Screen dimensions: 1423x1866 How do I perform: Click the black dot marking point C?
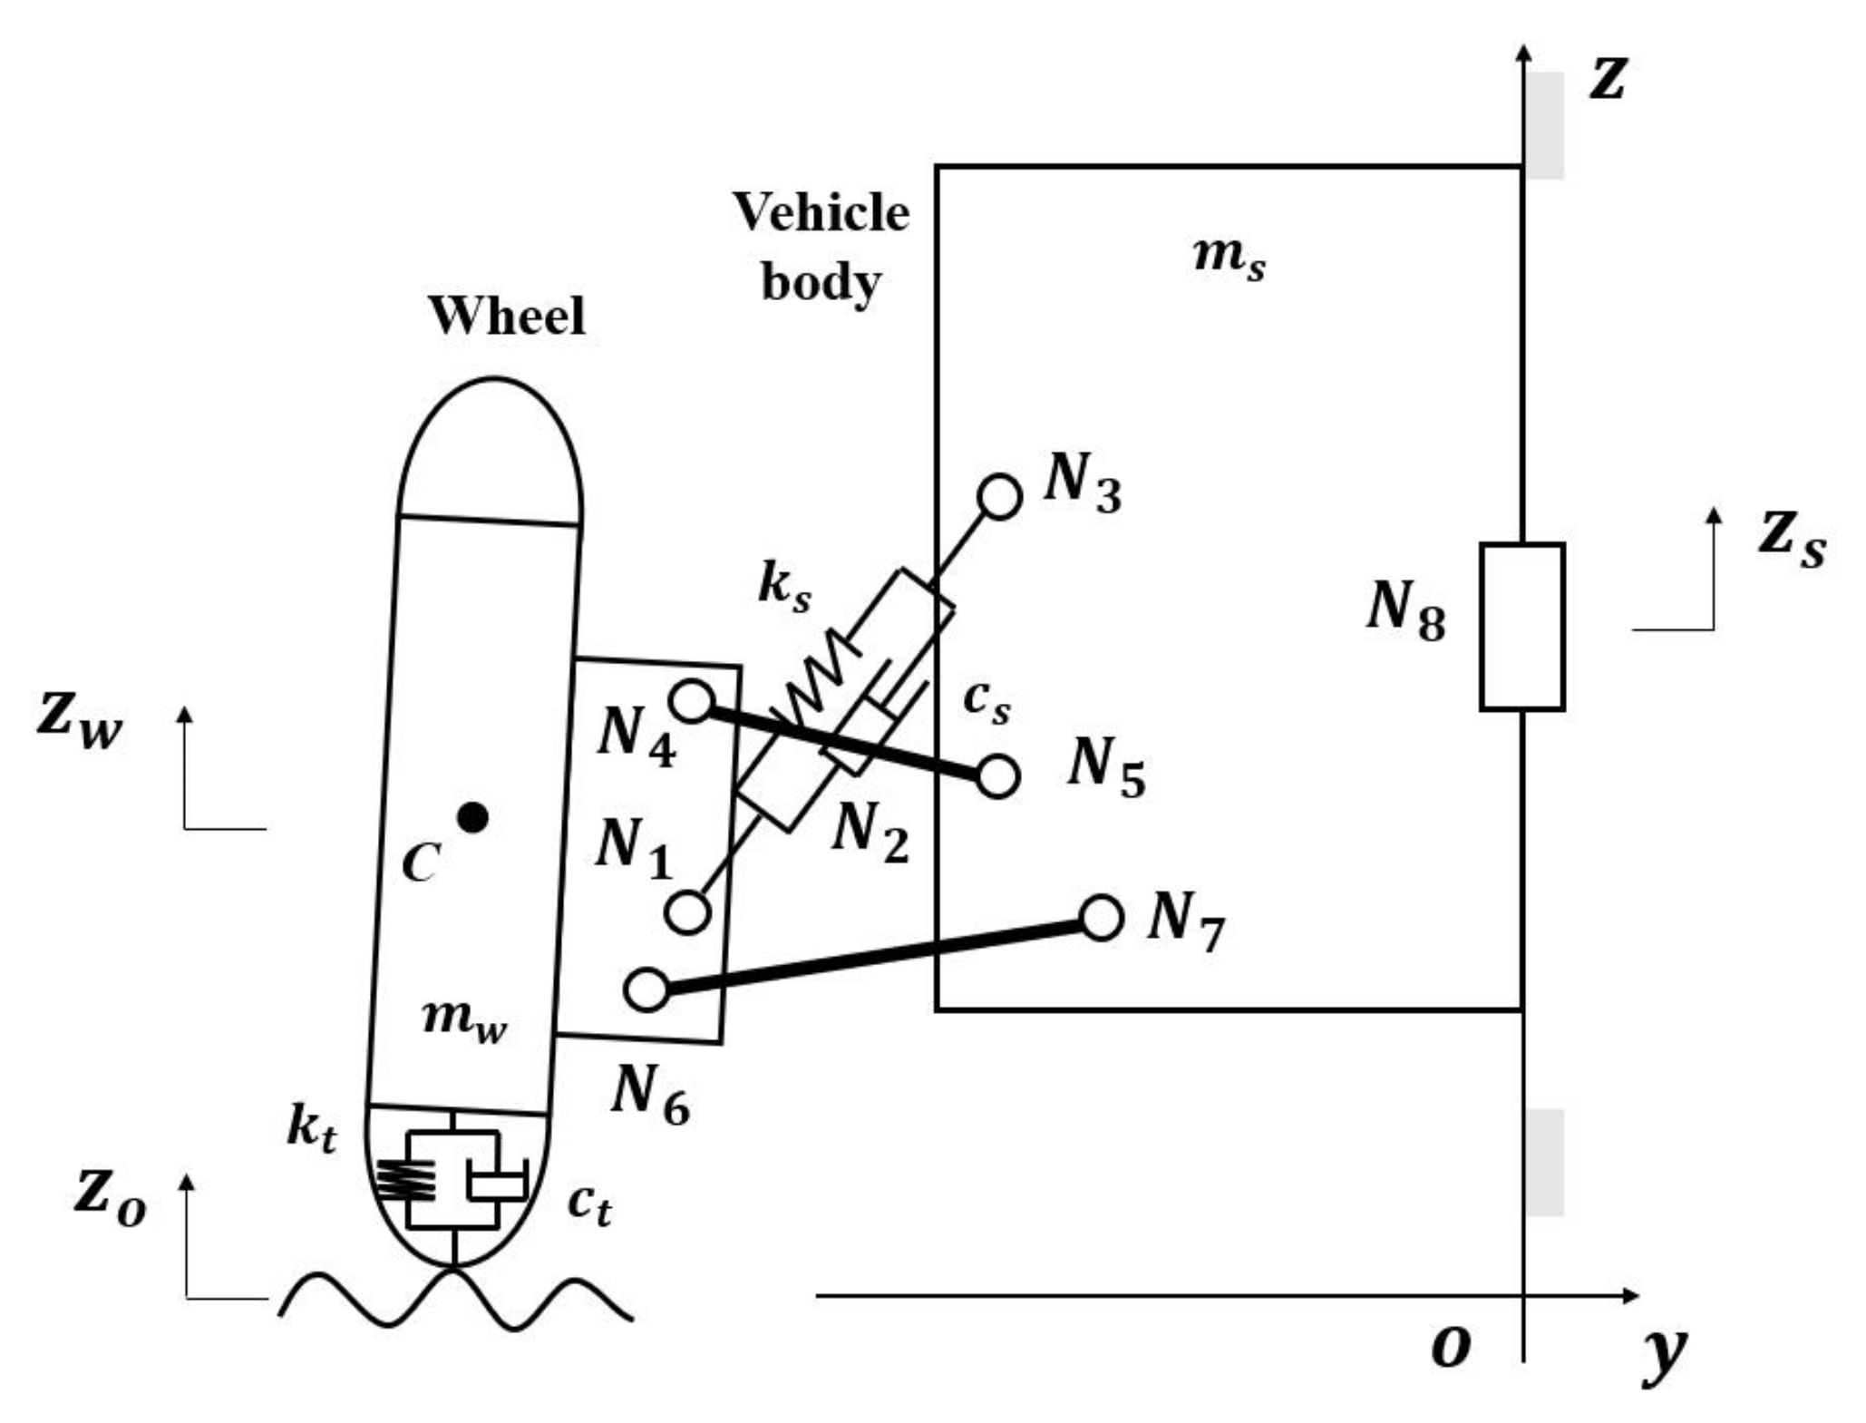click(472, 818)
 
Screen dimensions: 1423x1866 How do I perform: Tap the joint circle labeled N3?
click(999, 497)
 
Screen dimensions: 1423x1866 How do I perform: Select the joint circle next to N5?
click(997, 776)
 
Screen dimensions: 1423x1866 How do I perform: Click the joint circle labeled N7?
click(1102, 918)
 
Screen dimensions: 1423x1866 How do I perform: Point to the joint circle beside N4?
click(692, 701)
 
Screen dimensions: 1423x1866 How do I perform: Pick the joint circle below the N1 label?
click(687, 911)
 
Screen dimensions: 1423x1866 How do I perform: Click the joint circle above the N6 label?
click(646, 989)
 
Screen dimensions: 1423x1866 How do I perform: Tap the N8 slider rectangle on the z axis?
click(1521, 627)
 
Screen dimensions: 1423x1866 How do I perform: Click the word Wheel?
click(507, 316)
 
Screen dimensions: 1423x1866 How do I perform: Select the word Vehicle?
click(821, 213)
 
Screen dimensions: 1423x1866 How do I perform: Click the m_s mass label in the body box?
click(1229, 255)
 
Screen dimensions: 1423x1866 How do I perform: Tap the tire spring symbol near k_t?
click(405, 1180)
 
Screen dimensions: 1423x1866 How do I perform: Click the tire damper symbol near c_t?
click(496, 1183)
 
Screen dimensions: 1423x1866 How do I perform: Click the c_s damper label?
click(986, 700)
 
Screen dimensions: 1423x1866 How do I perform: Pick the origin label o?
click(1450, 1347)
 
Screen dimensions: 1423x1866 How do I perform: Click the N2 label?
click(870, 832)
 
